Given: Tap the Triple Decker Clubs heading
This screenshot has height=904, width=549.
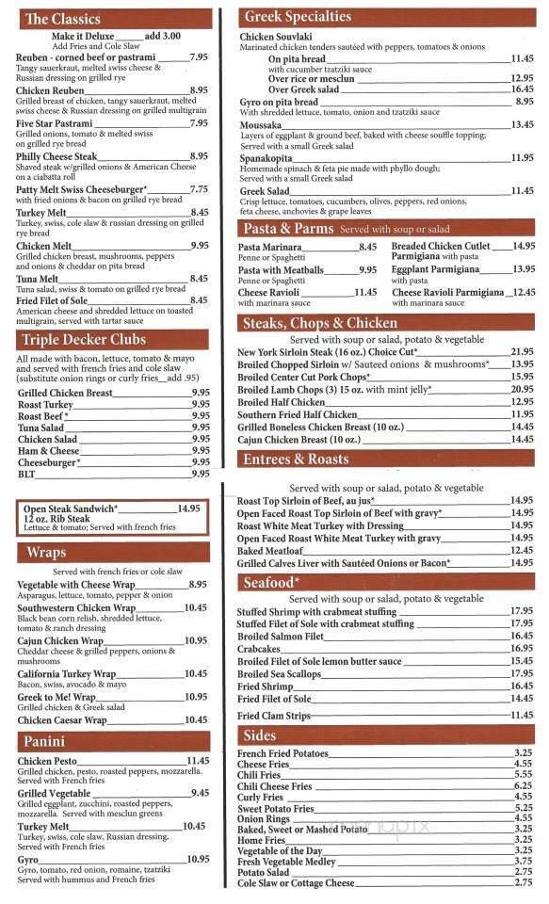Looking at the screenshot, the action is (x=86, y=340).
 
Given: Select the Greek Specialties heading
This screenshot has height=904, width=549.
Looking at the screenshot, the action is (x=298, y=16).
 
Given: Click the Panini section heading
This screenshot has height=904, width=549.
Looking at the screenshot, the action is (x=45, y=742).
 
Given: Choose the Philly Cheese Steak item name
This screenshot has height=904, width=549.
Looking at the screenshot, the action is (x=57, y=156).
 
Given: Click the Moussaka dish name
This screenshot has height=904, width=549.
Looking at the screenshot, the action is (x=261, y=124).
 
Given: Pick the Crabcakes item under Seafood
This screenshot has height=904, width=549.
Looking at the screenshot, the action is (x=259, y=648).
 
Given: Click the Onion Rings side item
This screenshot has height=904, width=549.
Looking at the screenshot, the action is (x=265, y=818).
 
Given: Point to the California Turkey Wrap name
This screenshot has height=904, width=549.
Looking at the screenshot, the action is (x=66, y=673).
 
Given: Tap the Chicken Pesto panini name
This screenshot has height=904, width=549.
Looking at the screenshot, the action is (x=47, y=761).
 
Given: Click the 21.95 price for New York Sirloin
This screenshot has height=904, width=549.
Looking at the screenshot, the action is (x=522, y=351).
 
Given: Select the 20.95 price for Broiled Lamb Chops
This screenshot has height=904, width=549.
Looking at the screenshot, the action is (x=522, y=388).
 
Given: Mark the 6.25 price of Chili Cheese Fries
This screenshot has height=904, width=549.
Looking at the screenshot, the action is (x=524, y=785).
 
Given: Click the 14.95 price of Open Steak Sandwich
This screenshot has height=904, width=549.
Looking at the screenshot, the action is (x=188, y=508).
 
